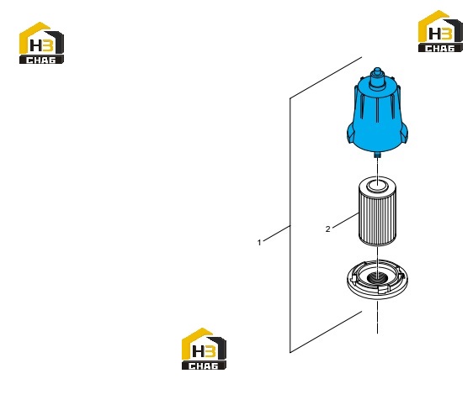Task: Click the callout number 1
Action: click(259, 242)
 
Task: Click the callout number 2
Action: click(328, 229)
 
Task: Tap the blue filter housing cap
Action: click(377, 115)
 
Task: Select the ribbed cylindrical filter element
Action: click(377, 212)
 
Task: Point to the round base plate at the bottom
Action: click(377, 280)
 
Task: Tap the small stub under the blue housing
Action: click(377, 155)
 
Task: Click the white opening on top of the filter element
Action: click(377, 184)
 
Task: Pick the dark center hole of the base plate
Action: click(377, 276)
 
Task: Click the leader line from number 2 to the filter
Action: click(345, 220)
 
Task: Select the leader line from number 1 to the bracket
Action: click(277, 233)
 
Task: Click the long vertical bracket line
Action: click(290, 225)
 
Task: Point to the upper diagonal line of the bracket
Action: click(326, 77)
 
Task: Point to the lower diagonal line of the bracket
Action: click(326, 332)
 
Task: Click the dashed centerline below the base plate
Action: click(377, 318)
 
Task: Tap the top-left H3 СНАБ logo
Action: click(41, 43)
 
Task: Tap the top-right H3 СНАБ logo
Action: click(440, 31)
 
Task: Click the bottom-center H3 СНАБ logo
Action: click(204, 349)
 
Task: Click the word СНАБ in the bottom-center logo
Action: click(204, 366)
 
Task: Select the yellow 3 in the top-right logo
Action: click(447, 34)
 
